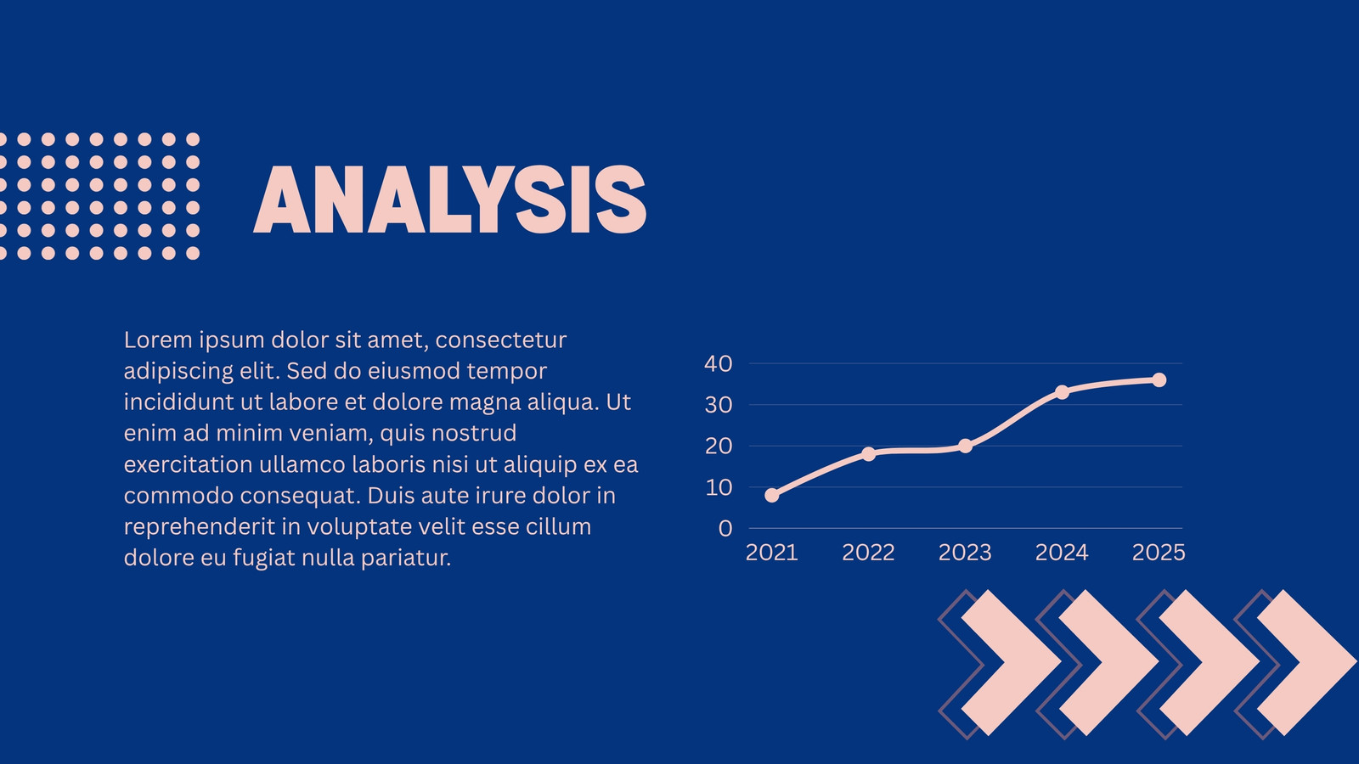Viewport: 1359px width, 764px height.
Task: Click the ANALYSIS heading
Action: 449,199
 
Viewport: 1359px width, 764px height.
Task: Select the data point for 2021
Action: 772,496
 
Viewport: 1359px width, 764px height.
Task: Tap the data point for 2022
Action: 868,453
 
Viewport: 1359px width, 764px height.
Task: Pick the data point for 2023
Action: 965,447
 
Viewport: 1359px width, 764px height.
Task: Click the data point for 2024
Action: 1062,392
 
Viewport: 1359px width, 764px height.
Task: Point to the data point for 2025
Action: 1159,380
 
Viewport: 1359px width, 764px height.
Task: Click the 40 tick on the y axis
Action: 719,364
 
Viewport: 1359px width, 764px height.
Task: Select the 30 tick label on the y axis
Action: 719,405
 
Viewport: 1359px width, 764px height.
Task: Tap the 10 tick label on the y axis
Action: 719,487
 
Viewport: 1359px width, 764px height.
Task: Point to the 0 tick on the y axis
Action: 725,529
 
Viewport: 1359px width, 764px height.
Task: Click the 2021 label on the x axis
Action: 772,553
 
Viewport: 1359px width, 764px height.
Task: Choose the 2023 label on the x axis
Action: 965,553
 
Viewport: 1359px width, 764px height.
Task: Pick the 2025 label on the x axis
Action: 1159,553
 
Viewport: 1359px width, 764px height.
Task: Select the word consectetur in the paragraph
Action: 501,340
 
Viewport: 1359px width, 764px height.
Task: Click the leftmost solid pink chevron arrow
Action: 1012,662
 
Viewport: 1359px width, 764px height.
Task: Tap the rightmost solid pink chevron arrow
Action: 1307,662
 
